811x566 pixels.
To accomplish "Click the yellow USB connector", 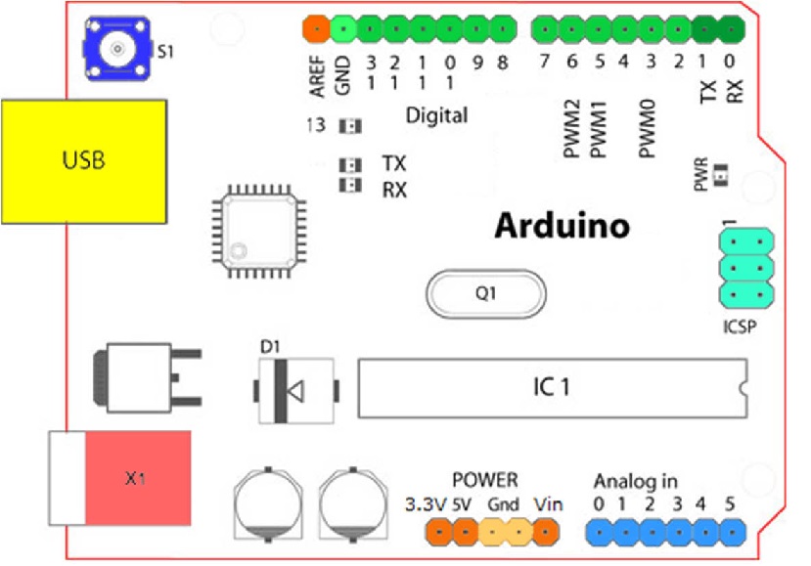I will (82, 160).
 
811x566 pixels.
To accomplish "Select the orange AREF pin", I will (316, 29).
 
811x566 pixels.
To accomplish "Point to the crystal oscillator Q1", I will (483, 291).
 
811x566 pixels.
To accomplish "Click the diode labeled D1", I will (293, 390).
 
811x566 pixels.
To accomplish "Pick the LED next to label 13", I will (348, 126).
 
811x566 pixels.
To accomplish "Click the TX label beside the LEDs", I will (394, 163).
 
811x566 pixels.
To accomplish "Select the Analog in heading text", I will (635, 481).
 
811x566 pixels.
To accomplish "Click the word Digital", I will (436, 115).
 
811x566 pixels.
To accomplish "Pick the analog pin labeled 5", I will (729, 531).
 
